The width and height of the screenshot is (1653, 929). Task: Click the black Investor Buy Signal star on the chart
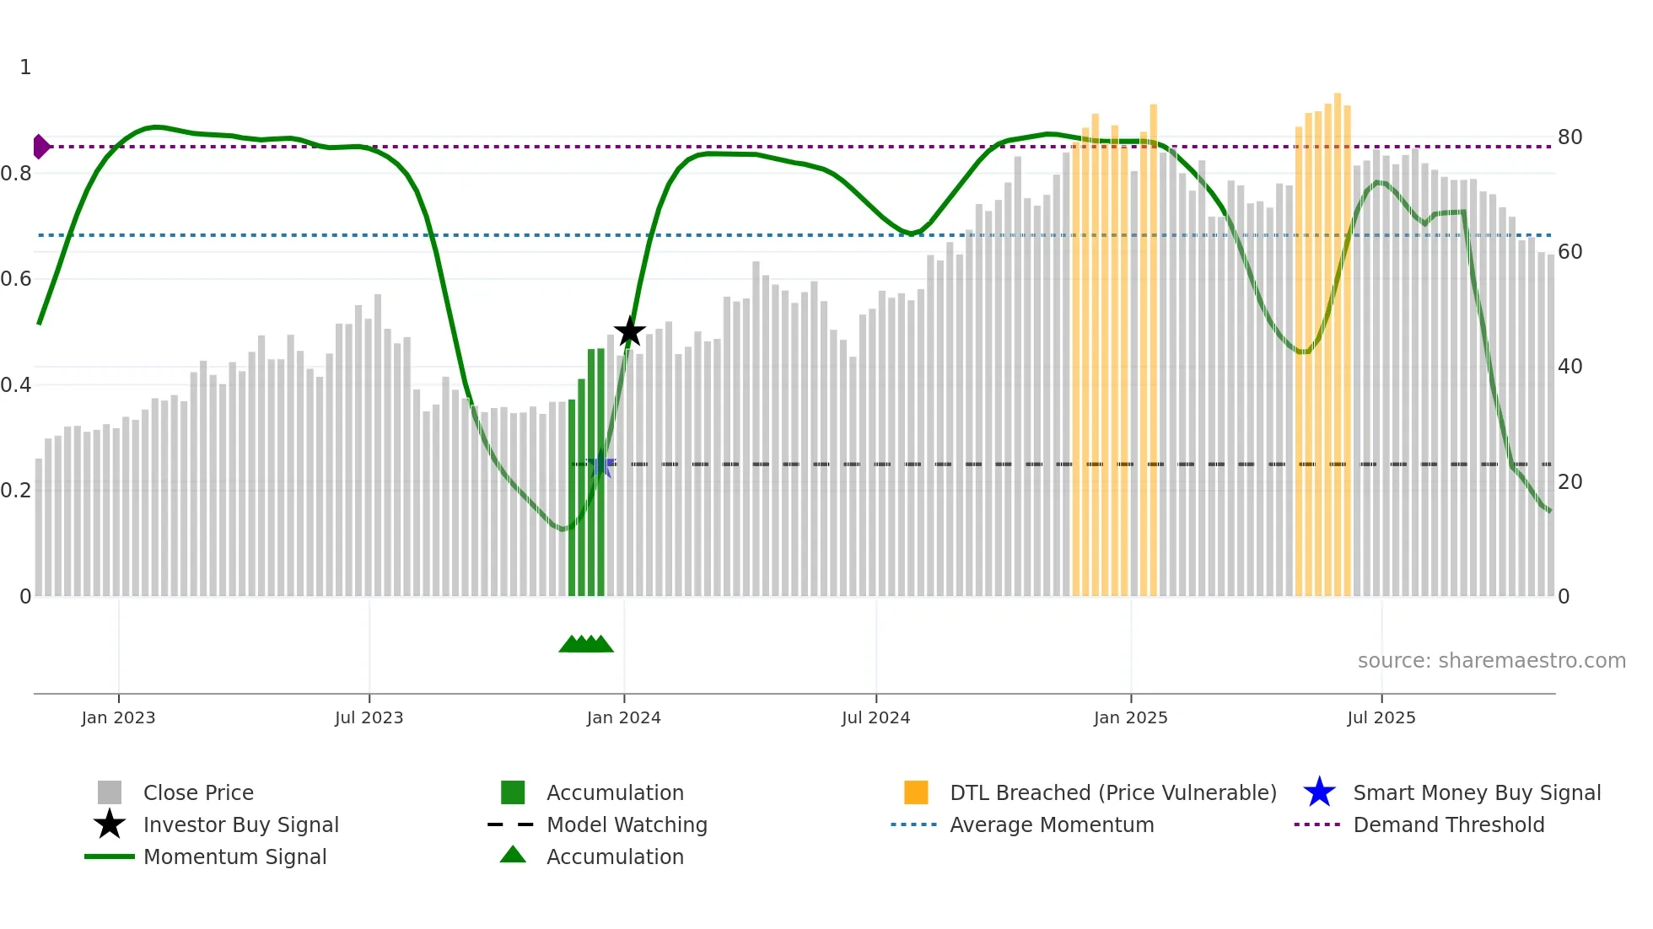pos(629,331)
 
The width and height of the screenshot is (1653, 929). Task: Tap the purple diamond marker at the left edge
pos(40,147)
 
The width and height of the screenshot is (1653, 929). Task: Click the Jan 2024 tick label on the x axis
pos(623,717)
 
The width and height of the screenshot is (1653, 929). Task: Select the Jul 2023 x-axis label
pos(369,717)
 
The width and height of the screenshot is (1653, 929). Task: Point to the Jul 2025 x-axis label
pos(1381,717)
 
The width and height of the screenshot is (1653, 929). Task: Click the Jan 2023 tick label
pos(118,717)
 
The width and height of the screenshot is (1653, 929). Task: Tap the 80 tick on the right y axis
pos(1570,137)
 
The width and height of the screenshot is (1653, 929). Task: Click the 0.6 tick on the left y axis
pos(16,278)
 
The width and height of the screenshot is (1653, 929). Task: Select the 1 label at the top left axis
pos(25,67)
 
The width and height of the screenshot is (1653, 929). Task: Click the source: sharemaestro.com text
pos(1491,660)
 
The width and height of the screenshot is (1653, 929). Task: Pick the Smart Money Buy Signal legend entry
pos(1476,792)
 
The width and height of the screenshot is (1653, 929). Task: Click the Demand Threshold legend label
pos(1448,824)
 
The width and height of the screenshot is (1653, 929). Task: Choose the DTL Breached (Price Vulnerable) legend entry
pos(1112,792)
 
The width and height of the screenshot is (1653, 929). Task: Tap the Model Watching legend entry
pos(626,824)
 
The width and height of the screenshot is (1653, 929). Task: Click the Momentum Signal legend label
pos(234,857)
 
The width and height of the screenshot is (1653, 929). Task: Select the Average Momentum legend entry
pos(1051,824)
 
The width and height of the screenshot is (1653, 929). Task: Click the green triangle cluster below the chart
pos(586,644)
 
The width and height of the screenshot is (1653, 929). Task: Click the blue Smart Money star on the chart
pos(601,464)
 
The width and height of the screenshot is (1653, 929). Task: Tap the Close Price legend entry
pos(197,792)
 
